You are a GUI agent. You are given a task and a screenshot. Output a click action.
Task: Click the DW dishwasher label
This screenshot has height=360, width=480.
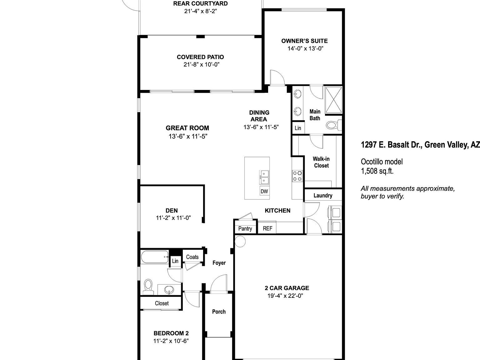(264, 191)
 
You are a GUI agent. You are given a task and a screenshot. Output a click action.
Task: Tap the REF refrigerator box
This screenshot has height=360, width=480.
(267, 228)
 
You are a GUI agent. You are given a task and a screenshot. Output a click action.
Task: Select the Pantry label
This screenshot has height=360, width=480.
(245, 228)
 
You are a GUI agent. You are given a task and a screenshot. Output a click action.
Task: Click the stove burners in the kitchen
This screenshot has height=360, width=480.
(297, 176)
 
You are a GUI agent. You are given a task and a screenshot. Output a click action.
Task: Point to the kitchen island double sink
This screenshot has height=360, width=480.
(264, 177)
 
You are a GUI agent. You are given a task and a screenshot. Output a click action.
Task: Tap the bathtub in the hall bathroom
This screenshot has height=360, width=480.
(154, 257)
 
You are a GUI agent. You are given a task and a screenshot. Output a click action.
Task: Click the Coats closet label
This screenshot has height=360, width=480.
(192, 257)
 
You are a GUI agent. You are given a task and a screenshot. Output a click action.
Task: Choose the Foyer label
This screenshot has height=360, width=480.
(219, 263)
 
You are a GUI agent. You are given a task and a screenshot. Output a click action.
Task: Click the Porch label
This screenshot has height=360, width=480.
(219, 312)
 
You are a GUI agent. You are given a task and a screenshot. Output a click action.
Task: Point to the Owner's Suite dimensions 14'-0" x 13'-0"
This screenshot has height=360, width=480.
(305, 48)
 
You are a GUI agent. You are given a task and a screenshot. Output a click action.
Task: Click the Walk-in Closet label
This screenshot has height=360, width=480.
(321, 162)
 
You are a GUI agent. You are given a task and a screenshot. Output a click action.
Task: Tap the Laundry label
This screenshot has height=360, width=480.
(323, 196)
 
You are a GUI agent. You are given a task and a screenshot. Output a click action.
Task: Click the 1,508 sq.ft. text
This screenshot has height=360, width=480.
(377, 171)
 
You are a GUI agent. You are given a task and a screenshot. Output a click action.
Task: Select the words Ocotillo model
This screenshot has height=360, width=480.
(382, 162)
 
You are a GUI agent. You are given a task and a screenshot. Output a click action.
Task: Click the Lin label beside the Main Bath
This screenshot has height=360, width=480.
(298, 128)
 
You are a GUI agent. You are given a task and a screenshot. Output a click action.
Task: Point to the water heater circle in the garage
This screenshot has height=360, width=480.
(240, 241)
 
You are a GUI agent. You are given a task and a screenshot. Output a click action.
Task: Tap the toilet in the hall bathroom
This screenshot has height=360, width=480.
(148, 286)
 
